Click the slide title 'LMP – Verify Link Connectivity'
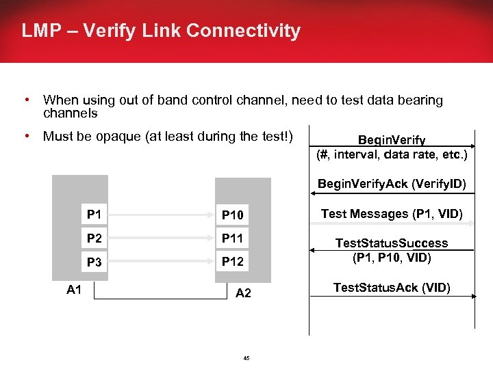pyautogui.click(x=161, y=31)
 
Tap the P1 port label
pyautogui.click(x=94, y=215)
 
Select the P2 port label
pyautogui.click(x=94, y=238)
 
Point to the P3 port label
pyautogui.click(x=94, y=262)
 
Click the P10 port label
pyautogui.click(x=232, y=216)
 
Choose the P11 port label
pyautogui.click(x=232, y=239)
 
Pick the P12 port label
pyautogui.click(x=232, y=262)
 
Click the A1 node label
pyautogui.click(x=74, y=290)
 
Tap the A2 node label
pyautogui.click(x=243, y=294)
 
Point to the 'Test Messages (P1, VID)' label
pyautogui.click(x=392, y=214)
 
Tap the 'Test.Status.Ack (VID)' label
pyautogui.click(x=392, y=288)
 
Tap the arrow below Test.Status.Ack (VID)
pyautogui.click(x=392, y=297)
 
